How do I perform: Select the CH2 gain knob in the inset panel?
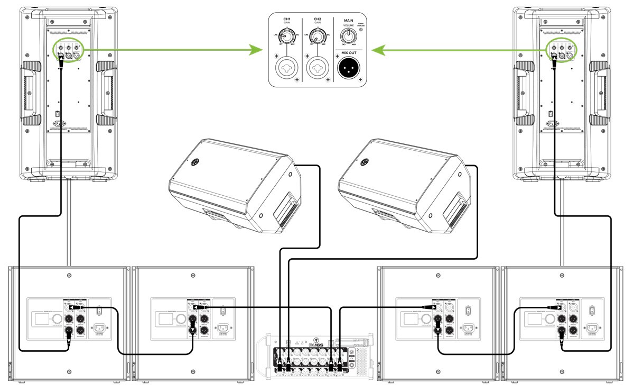coord(316,36)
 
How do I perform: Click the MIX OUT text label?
coord(348,53)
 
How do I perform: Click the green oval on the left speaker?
coord(69,51)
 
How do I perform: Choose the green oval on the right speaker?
coord(561,51)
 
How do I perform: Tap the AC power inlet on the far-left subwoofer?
coord(101,328)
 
